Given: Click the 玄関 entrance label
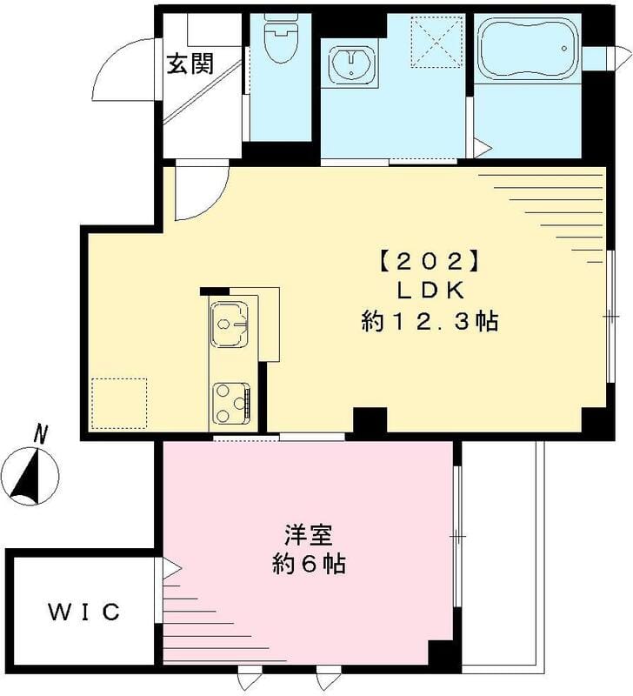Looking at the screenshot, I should click(190, 65).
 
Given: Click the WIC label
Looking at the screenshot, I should click(83, 612).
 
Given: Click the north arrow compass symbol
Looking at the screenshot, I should click(31, 475).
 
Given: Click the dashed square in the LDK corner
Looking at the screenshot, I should click(119, 403).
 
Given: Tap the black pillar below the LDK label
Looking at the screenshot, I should click(370, 421).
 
